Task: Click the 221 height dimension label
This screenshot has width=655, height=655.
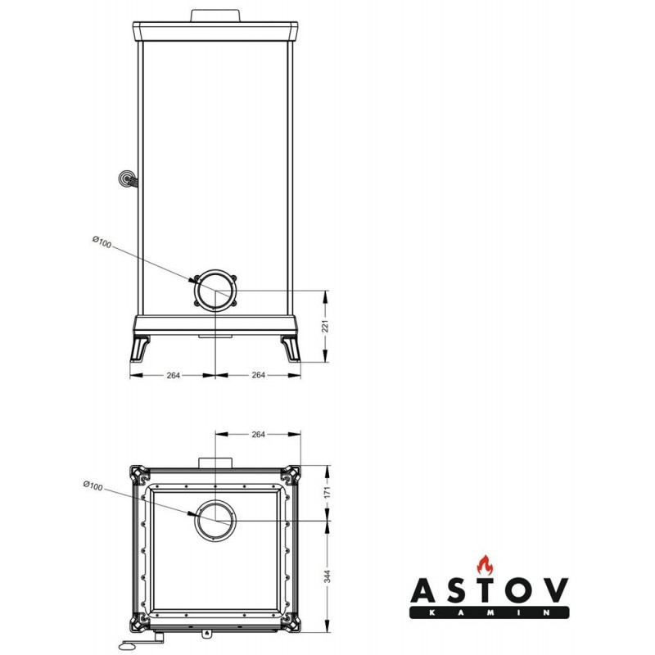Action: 326,326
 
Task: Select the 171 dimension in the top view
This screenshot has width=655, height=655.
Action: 327,492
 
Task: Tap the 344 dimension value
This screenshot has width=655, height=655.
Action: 327,576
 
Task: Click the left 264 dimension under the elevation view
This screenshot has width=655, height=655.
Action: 174,375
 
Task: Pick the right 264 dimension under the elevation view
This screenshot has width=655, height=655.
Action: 258,375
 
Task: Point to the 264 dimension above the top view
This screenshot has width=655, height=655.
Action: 258,435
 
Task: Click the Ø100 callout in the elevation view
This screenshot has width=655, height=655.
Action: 102,242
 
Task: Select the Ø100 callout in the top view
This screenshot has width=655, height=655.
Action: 93,486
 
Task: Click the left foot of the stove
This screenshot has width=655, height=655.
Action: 139,349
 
